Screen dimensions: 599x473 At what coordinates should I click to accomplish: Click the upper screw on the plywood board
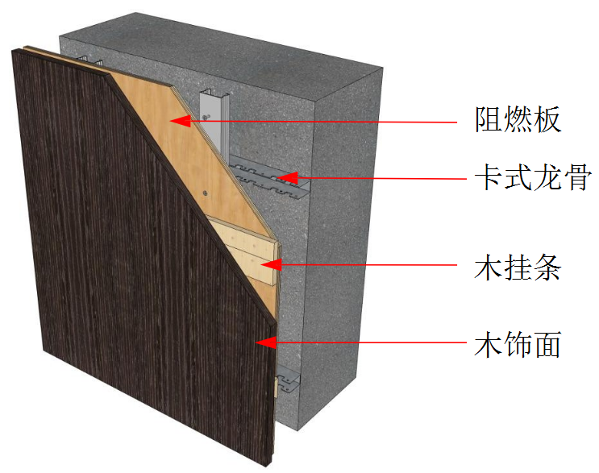(x=207, y=118)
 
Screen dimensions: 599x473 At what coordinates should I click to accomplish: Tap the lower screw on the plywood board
(x=206, y=193)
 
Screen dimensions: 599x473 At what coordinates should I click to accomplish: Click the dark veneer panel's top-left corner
(x=15, y=52)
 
